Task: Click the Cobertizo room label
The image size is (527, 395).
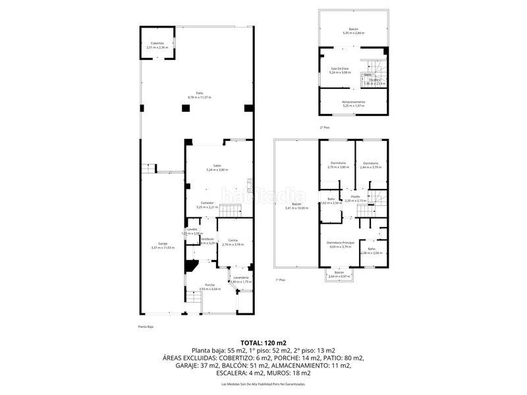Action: point(157,45)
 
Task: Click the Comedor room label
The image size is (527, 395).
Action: point(208,205)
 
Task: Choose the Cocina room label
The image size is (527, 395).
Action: point(233,242)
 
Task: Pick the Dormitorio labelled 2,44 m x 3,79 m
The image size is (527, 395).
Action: point(370,165)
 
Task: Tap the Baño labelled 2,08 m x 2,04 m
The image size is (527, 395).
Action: point(371,250)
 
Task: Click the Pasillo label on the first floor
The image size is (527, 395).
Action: point(354,197)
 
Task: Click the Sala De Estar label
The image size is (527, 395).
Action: point(339,70)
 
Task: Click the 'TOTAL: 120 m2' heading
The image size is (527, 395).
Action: point(263,343)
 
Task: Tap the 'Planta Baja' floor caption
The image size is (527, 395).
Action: point(146,327)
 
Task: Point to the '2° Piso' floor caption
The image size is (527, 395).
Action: point(325,128)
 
